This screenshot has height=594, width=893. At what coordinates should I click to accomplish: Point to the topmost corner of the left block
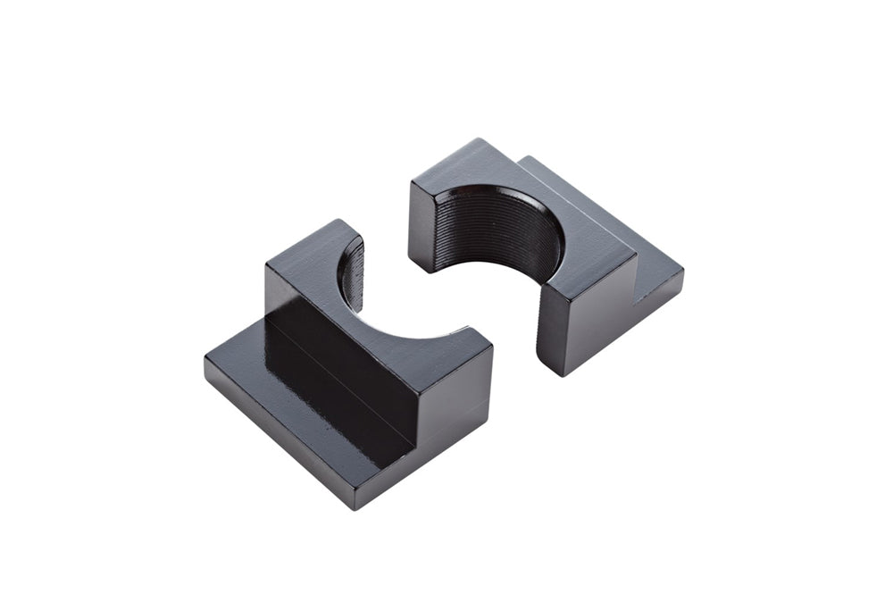[335, 220]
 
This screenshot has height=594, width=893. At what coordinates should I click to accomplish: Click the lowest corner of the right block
[558, 375]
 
